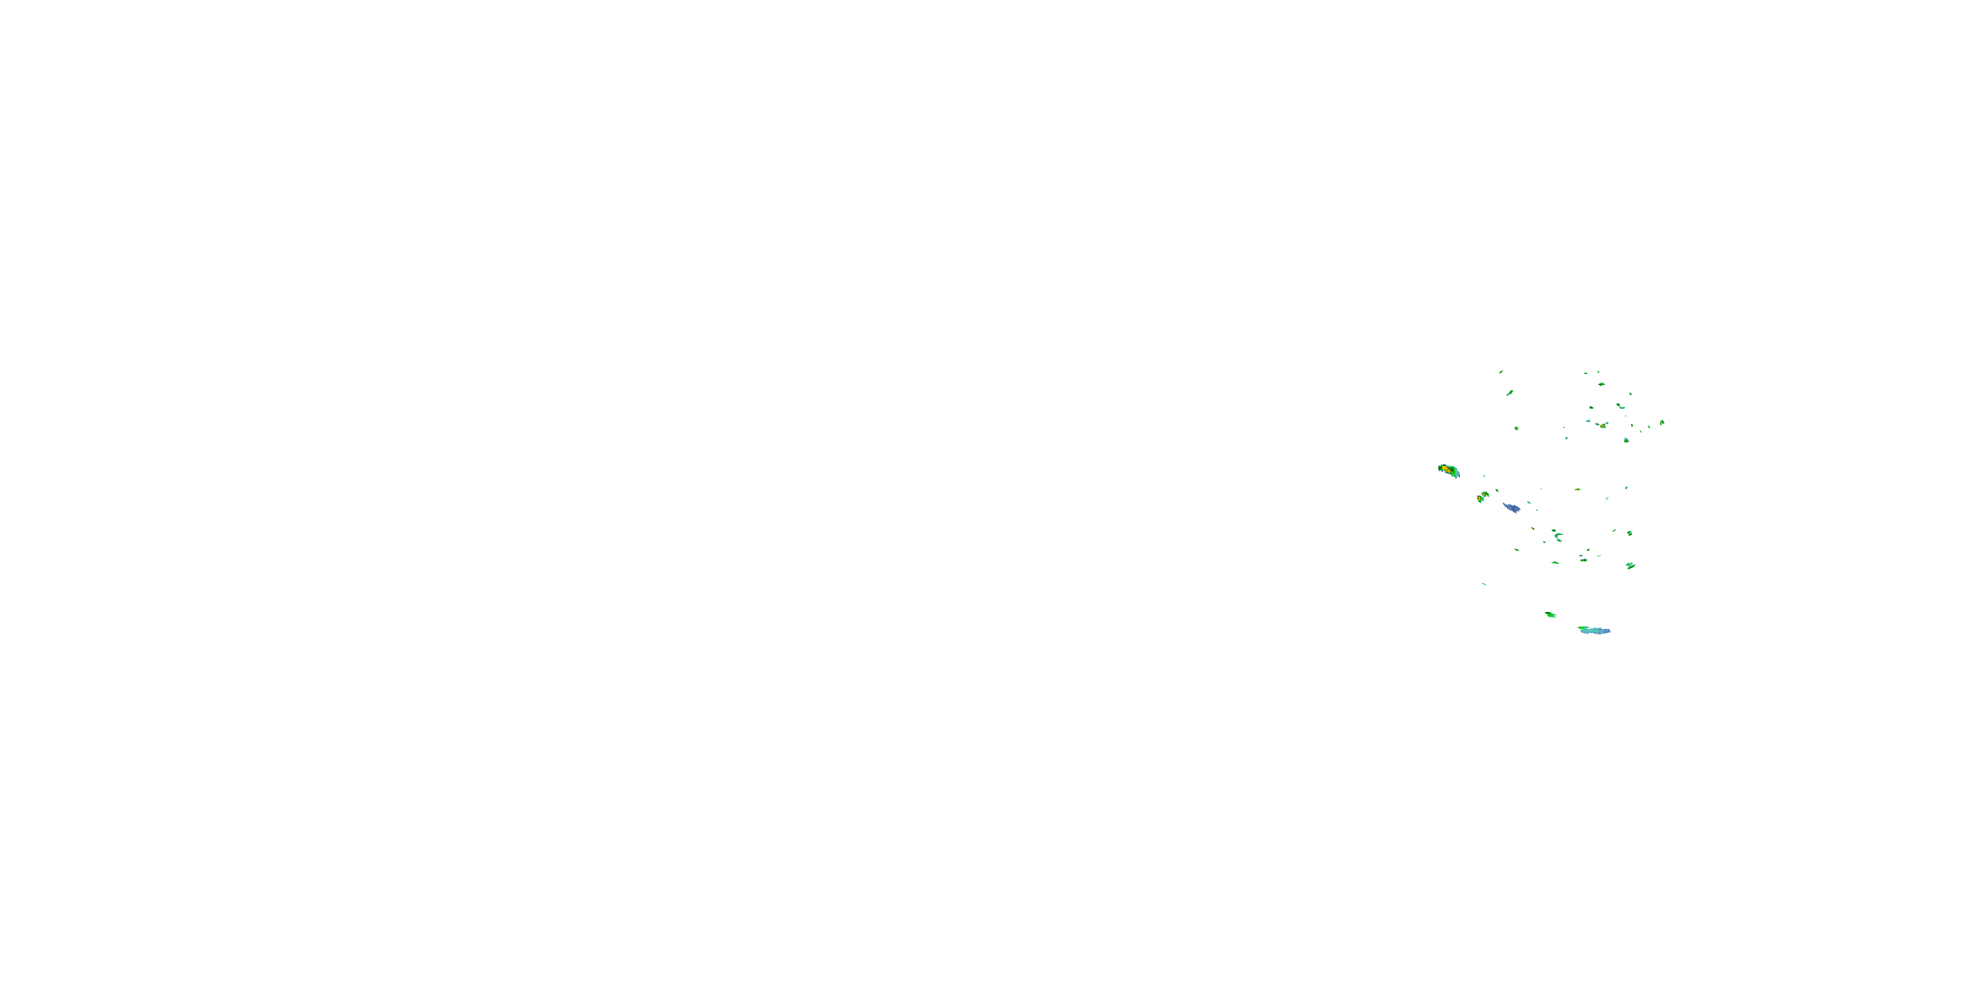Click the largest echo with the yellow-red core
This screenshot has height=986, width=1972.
point(1448,470)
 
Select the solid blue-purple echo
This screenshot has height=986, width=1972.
point(1511,507)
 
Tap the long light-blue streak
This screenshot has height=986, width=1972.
point(1595,631)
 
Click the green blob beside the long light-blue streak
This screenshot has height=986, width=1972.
point(1550,615)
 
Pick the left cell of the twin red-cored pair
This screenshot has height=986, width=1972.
point(1480,498)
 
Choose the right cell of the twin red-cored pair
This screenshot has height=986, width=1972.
point(1485,494)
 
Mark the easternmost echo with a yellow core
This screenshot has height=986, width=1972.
point(1662,422)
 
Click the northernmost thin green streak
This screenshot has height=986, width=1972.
point(1501,372)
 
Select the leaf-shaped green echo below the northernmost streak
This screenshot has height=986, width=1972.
point(1510,392)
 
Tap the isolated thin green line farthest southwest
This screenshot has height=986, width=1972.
point(1484,585)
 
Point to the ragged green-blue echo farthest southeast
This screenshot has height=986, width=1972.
point(1631,566)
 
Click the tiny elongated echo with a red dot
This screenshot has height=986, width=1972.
point(1601,426)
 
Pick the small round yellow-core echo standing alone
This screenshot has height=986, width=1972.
point(1627,440)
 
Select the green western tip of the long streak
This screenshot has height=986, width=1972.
point(1580,628)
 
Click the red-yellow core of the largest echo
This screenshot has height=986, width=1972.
point(1445,468)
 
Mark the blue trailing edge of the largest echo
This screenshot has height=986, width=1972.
point(1456,474)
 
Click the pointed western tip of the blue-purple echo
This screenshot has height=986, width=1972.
point(1503,504)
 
